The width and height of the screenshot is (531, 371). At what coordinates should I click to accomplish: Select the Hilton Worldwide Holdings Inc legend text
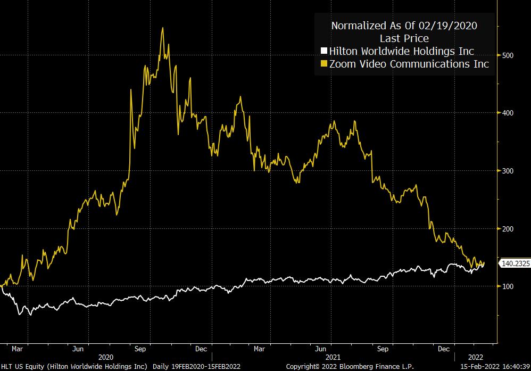402,52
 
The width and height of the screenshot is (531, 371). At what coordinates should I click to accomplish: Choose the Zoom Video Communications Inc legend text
409,64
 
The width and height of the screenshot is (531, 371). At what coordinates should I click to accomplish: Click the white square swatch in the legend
323,52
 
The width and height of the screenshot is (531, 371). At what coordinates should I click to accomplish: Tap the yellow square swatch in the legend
323,64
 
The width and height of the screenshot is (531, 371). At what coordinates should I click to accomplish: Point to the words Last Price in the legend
404,38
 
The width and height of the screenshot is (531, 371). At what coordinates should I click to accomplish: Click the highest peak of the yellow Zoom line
162,28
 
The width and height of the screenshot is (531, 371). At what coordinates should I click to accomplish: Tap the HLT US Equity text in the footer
21,367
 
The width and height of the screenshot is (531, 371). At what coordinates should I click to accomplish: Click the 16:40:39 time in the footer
511,367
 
